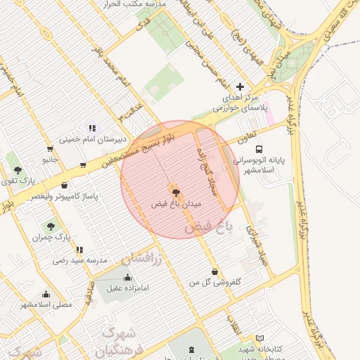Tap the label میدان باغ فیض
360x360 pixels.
tap(176, 204)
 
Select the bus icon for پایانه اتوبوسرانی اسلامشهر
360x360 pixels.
tap(259, 149)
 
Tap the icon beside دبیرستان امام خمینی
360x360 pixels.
tap(92, 128)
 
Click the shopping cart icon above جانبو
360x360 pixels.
tap(50, 148)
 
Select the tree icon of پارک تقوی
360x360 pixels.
tap(18, 170)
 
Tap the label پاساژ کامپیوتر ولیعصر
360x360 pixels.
tap(65, 191)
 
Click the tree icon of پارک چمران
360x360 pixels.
tap(51, 226)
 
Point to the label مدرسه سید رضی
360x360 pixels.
tap(79, 260)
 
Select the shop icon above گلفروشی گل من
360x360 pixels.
tap(214, 271)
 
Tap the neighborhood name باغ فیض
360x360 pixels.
tap(207, 227)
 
